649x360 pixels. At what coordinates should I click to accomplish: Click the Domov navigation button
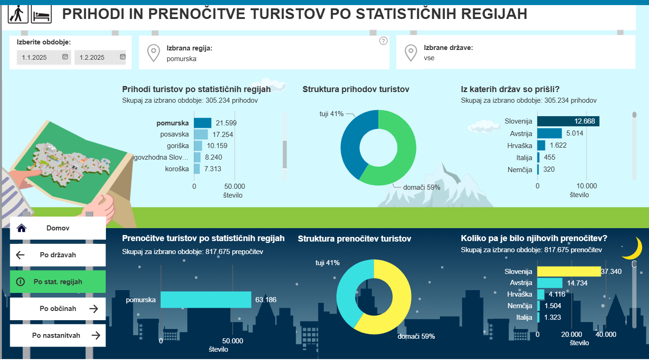[x=58, y=228]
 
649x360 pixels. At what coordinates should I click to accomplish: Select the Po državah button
[x=58, y=255]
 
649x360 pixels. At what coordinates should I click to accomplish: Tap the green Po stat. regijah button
[x=58, y=282]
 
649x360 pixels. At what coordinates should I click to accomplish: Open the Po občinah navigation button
[x=58, y=309]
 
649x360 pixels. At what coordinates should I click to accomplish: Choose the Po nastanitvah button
[x=58, y=335]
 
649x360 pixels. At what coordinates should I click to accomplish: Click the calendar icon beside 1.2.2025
[x=123, y=57]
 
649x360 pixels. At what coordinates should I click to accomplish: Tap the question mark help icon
[x=383, y=41]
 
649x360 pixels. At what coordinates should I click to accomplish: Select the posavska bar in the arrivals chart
[x=201, y=135]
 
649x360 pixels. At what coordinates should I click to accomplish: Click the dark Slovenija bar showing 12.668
[x=568, y=121]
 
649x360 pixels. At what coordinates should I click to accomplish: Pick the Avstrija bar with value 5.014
[x=550, y=133]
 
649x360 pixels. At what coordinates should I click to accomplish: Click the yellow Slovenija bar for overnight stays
[x=569, y=272]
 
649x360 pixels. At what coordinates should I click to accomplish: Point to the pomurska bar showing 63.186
[x=206, y=300]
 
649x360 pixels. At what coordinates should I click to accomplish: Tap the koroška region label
[x=177, y=169]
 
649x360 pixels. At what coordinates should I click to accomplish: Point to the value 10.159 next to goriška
[x=217, y=146]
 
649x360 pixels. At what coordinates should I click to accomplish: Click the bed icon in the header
[x=41, y=14]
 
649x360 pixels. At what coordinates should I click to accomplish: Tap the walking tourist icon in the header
[x=18, y=14]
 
